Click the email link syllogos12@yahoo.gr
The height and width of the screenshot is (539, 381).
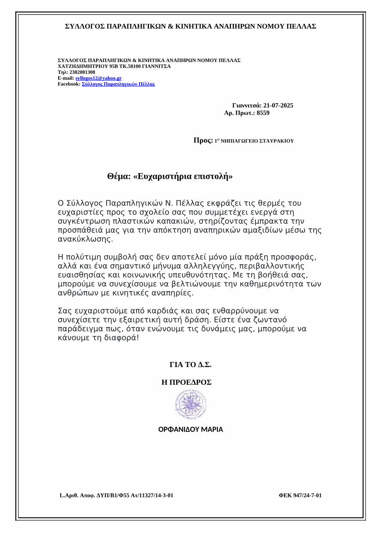click(98, 78)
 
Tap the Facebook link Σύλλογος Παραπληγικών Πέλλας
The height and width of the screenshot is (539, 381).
click(118, 84)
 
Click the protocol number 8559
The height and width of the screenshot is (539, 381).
click(263, 113)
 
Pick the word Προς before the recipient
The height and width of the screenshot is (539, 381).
click(203, 141)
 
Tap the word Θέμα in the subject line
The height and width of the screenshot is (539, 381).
click(118, 177)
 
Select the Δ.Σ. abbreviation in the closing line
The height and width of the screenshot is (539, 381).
click(204, 365)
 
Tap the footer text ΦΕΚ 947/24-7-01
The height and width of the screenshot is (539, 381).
click(300, 496)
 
